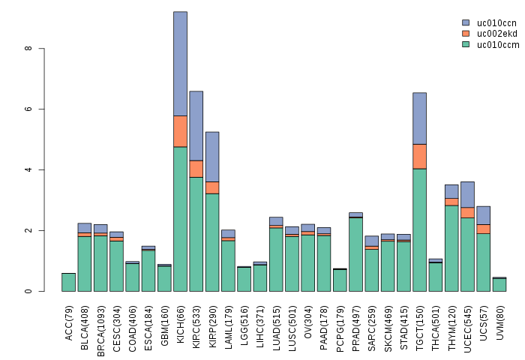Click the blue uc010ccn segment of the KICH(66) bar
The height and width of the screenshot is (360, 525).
coord(180,64)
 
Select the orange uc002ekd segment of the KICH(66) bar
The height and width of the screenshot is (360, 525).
coord(180,131)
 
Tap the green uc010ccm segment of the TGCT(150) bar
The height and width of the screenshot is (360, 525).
coord(419,229)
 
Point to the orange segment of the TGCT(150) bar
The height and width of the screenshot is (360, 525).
coord(419,156)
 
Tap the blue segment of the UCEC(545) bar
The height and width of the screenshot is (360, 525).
coord(467,194)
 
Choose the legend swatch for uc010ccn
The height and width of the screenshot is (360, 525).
coord(466,23)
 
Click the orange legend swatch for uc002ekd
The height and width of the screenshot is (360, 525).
coord(466,34)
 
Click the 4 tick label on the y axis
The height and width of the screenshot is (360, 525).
coord(28,170)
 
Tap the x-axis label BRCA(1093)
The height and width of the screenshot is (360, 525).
coord(101,322)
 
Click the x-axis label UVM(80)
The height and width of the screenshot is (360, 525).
coord(499,319)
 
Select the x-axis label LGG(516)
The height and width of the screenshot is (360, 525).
coord(244,320)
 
